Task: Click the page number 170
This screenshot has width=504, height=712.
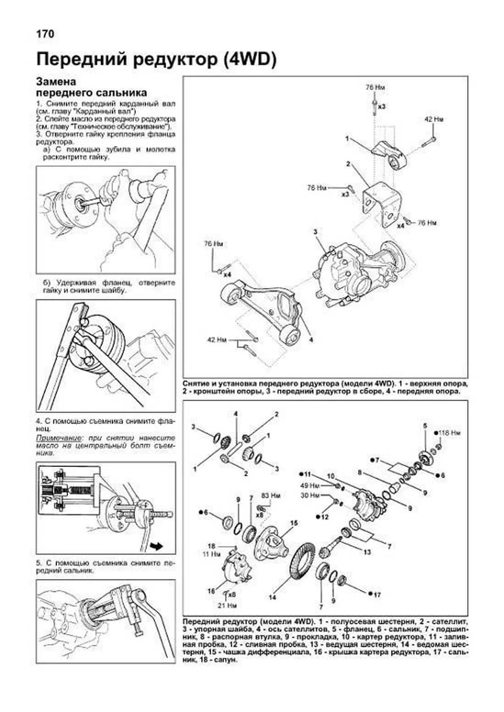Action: (x=45, y=34)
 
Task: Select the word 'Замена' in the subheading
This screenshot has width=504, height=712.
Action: (x=56, y=82)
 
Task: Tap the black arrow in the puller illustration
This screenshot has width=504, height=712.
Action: (x=157, y=545)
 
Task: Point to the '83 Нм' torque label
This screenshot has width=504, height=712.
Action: (x=270, y=496)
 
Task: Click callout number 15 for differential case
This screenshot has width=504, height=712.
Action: (x=294, y=523)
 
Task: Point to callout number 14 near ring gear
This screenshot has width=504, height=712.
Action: (x=273, y=597)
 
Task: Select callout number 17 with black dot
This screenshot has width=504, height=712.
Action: (x=377, y=595)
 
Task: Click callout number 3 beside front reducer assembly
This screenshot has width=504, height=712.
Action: (x=315, y=232)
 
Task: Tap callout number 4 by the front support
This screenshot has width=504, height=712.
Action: (x=311, y=340)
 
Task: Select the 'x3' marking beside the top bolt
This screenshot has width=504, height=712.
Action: (x=381, y=107)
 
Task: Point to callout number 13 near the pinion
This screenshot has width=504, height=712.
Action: (x=367, y=552)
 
